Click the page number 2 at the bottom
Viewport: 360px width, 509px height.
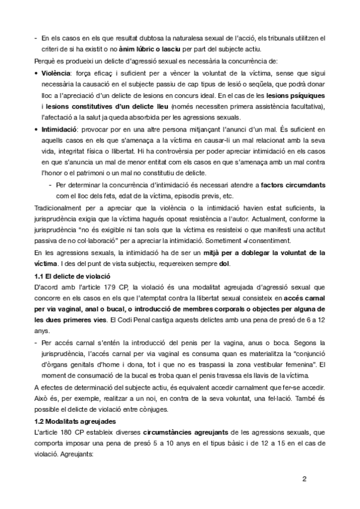[x=321, y=479]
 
